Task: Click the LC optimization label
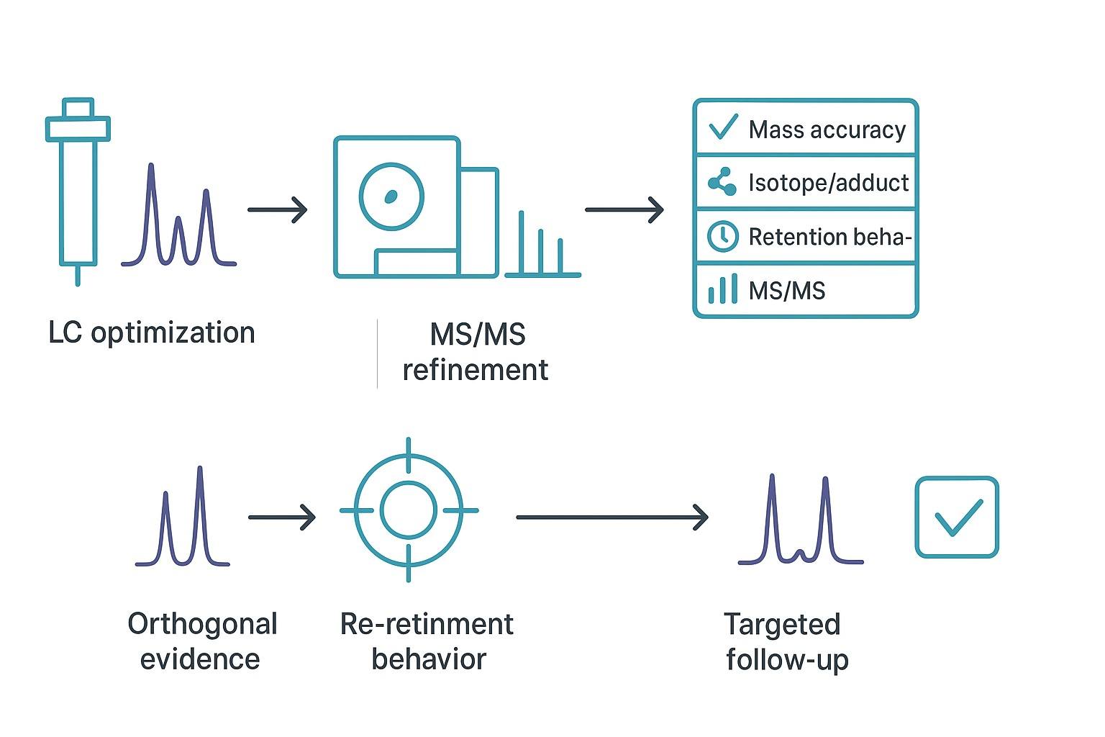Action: tap(152, 333)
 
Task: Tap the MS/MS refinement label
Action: tap(476, 352)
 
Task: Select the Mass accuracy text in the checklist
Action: tap(827, 130)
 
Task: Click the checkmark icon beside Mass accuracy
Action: tap(722, 127)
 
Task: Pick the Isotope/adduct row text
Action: tap(828, 183)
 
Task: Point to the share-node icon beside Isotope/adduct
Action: tap(722, 182)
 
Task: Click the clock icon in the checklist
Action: tap(722, 236)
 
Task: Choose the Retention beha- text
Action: tap(829, 237)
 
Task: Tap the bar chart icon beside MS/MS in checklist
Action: tap(722, 289)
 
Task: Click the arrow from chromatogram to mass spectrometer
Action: tap(277, 209)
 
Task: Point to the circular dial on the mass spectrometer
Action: tap(391, 196)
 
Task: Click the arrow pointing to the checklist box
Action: tap(624, 209)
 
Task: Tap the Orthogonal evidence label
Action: tap(201, 641)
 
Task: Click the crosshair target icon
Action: tap(409, 510)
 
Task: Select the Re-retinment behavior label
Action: tap(427, 641)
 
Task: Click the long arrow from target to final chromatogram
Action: tap(612, 517)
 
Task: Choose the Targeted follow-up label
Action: tap(785, 641)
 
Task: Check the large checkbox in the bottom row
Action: tap(956, 517)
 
